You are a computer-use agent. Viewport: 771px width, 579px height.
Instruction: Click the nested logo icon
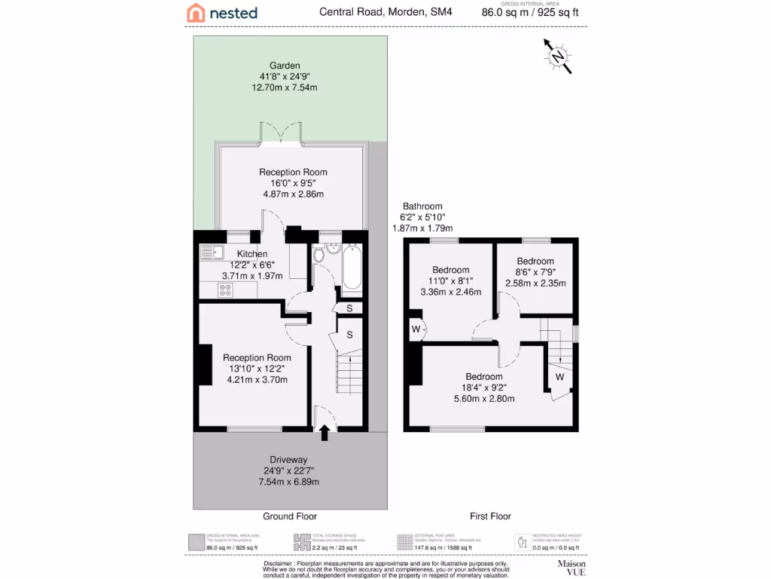pyautogui.click(x=196, y=12)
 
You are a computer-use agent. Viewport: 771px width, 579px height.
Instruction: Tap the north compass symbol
pyautogui.click(x=557, y=57)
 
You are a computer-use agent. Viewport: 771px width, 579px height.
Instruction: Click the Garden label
pyautogui.click(x=285, y=66)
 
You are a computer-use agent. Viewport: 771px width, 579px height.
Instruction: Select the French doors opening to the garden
pyautogui.click(x=282, y=133)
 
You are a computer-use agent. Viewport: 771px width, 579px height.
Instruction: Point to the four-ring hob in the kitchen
pyautogui.click(x=225, y=289)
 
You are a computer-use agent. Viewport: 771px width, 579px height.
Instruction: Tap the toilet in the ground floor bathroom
pyautogui.click(x=318, y=254)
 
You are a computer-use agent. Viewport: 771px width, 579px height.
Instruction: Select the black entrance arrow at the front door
pyautogui.click(x=325, y=433)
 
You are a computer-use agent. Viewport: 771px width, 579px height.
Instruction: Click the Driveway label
pyautogui.click(x=289, y=459)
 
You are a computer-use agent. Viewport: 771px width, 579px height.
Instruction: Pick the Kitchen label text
pyautogui.click(x=252, y=254)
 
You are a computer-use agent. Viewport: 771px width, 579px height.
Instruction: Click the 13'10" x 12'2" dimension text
pyautogui.click(x=257, y=369)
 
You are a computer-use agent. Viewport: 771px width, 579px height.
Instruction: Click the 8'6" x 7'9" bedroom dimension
pyautogui.click(x=535, y=272)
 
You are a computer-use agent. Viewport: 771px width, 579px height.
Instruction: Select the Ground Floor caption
pyautogui.click(x=289, y=516)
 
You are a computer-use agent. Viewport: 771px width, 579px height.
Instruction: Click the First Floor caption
pyautogui.click(x=490, y=516)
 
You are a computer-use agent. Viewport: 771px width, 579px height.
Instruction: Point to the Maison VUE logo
pyautogui.click(x=571, y=567)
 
